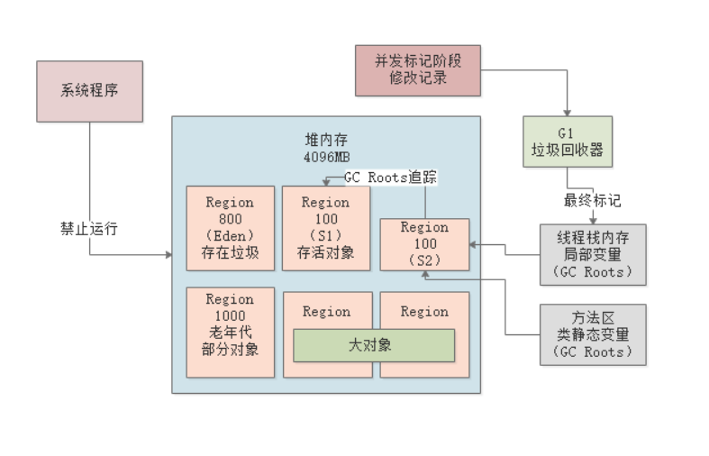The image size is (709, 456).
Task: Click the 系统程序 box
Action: click(89, 91)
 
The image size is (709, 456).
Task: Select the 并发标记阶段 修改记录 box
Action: click(417, 70)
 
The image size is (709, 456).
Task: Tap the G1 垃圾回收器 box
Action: click(567, 141)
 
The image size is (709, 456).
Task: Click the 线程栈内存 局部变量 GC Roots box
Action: click(593, 254)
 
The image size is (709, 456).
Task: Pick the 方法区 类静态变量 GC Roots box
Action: click(593, 334)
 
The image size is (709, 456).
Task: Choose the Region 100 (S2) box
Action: click(423, 243)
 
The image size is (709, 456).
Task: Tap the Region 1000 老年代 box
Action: click(230, 333)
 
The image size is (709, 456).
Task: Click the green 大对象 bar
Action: click(373, 345)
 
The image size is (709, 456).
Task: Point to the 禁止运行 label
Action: click(88, 228)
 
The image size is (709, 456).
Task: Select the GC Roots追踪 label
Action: click(390, 178)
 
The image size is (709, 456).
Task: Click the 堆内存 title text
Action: click(325, 139)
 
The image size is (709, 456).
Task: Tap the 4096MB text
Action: click(325, 155)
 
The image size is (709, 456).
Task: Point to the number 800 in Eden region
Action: click(230, 219)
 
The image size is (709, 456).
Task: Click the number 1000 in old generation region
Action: click(230, 315)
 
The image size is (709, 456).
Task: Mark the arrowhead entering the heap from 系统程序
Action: click(168, 255)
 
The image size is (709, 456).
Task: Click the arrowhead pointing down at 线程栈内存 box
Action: click(592, 220)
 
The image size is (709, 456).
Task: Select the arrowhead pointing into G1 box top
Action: click(567, 112)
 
